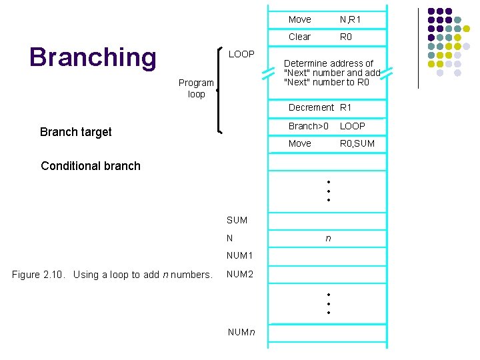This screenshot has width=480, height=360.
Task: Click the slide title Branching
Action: (93, 57)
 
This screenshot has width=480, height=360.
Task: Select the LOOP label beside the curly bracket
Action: (241, 54)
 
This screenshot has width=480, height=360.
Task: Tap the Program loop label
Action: (196, 89)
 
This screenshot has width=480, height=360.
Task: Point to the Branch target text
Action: (75, 132)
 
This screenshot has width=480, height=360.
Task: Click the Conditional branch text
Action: (91, 166)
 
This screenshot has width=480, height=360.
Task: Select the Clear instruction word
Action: (299, 37)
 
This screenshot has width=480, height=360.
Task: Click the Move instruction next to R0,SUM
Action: (299, 143)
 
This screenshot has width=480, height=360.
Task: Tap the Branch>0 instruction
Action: (308, 125)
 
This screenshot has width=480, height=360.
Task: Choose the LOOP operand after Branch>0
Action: (353, 125)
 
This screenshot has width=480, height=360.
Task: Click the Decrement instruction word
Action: (311, 107)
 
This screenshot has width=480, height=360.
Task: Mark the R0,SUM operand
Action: (357, 143)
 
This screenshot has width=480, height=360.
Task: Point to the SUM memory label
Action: (237, 220)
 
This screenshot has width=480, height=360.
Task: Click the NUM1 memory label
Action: (239, 255)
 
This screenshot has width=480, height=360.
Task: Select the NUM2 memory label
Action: (239, 274)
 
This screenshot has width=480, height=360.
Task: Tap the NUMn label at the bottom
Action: (241, 332)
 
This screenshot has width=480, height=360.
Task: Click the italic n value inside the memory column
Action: (327, 237)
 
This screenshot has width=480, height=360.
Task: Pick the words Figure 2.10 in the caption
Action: (40, 275)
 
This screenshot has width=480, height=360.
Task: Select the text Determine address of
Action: (329, 63)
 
